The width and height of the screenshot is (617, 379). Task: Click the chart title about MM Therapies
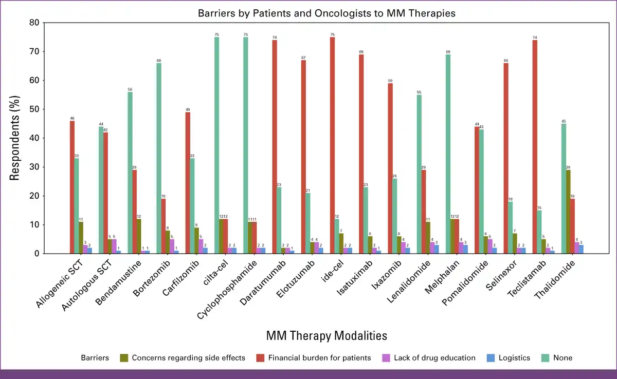tap(326, 13)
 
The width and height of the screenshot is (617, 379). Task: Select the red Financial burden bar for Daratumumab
tap(275, 146)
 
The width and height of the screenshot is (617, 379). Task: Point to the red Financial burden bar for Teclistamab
tap(535, 146)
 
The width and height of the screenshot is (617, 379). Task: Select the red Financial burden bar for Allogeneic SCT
tap(72, 187)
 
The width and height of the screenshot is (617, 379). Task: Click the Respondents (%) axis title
tap(15, 138)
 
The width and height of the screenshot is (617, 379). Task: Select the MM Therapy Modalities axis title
tap(326, 336)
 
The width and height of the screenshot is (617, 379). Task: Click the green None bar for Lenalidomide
tap(420, 174)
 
